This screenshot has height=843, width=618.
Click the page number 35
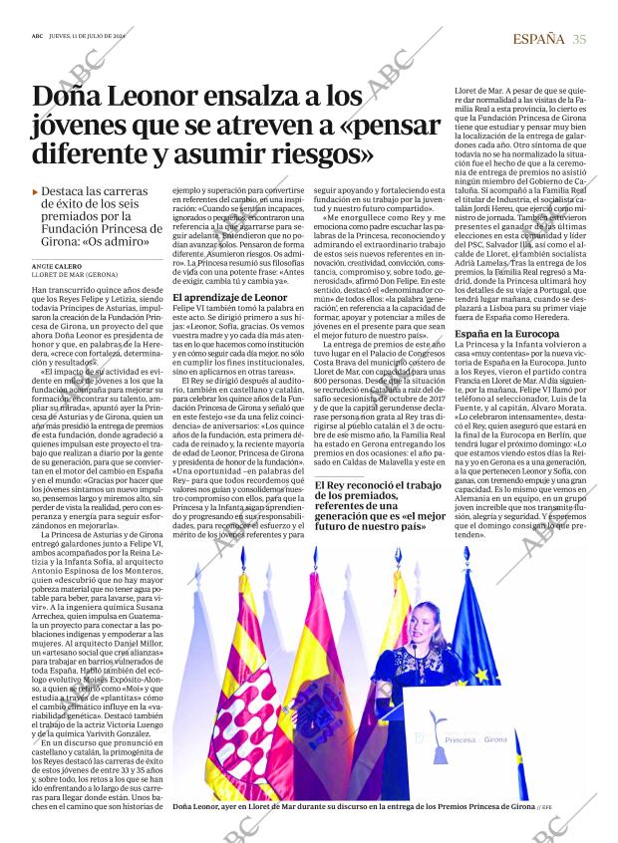click(x=579, y=39)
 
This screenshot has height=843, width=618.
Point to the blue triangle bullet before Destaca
click(x=36, y=191)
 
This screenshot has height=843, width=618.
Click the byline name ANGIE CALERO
click(x=55, y=266)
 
